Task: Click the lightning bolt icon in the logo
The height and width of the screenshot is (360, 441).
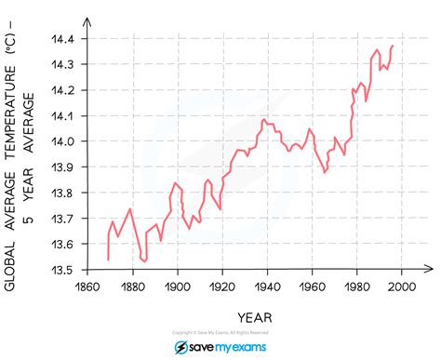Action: point(181,347)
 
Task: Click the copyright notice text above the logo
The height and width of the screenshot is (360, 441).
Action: point(220,332)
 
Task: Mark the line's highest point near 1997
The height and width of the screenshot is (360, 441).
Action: point(393,46)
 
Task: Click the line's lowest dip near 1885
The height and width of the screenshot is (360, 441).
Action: point(144,261)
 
